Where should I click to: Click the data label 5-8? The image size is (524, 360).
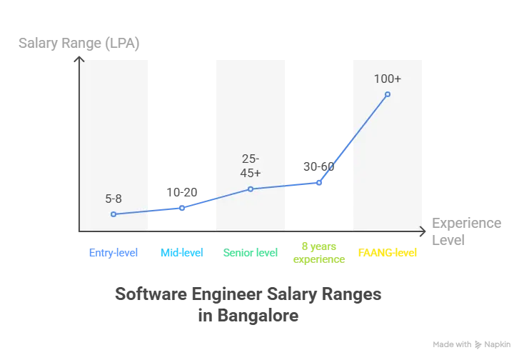(x=113, y=199)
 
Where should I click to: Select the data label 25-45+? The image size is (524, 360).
(x=251, y=165)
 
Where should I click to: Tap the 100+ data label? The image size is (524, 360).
(x=388, y=79)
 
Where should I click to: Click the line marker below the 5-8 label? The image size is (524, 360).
(x=114, y=214)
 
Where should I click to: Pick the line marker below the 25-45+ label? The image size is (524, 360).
(x=251, y=189)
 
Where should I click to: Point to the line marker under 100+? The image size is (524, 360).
(x=388, y=94)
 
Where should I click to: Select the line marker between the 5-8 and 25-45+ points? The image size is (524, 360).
(x=182, y=208)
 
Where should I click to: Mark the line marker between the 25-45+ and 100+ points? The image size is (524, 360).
(x=319, y=182)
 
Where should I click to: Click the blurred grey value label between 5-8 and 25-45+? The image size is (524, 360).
(x=182, y=191)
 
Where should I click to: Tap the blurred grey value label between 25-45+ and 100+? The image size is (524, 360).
(x=318, y=166)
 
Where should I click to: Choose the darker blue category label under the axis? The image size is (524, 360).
(x=113, y=252)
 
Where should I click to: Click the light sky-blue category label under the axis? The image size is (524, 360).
(x=182, y=252)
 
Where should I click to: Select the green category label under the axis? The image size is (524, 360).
(x=251, y=252)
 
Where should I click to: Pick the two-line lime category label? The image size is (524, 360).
(x=319, y=252)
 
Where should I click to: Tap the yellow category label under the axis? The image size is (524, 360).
(x=386, y=252)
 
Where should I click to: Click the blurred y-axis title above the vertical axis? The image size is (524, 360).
(x=79, y=43)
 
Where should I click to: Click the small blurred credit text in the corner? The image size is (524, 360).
(x=472, y=342)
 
